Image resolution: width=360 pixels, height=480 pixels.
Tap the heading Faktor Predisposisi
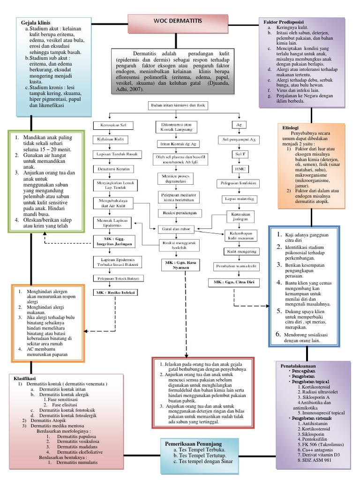(283, 22)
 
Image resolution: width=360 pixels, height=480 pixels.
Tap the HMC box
(238, 168)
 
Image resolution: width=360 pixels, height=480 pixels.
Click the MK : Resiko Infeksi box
(113, 292)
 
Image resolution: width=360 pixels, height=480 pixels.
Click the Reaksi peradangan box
(176, 212)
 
